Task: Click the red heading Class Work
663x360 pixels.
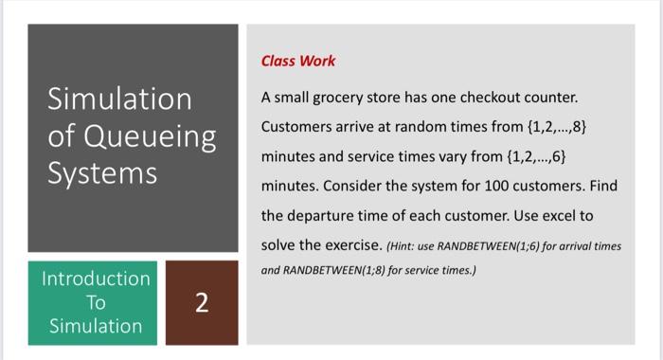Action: (x=297, y=61)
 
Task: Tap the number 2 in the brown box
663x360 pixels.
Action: (x=200, y=303)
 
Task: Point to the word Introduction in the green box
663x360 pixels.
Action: (x=95, y=279)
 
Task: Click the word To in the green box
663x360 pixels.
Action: (x=95, y=302)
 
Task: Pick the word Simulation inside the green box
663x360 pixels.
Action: (x=95, y=326)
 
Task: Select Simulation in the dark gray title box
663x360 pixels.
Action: (x=119, y=99)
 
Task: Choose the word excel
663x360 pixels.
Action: (x=552, y=215)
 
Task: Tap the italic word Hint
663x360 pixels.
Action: (x=402, y=246)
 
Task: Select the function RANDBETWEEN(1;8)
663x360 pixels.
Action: (x=336, y=268)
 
